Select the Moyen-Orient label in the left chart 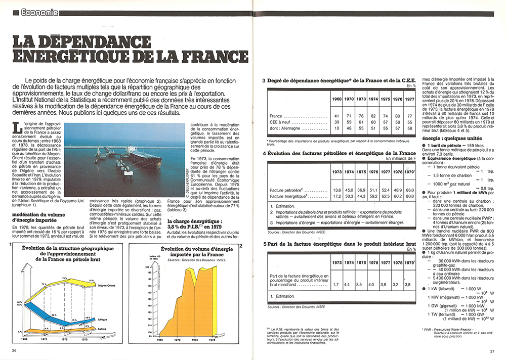point(107,285)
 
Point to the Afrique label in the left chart point(102,319)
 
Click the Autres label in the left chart point(102,329)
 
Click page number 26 point(14,350)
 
